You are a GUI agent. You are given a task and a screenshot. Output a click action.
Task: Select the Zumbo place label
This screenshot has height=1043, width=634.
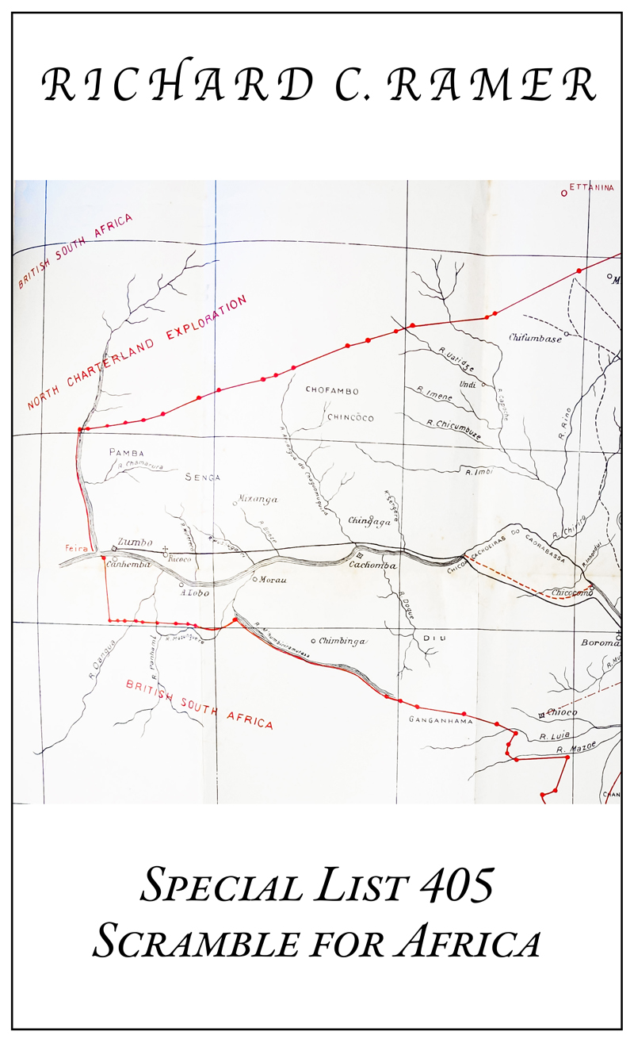135,542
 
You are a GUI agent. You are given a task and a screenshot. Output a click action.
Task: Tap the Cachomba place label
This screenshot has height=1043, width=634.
372,566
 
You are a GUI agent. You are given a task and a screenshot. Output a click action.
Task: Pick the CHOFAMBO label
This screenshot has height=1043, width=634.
332,391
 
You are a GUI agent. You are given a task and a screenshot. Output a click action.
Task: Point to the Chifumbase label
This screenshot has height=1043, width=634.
536,339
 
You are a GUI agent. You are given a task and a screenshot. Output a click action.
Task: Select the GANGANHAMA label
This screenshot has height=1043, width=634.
441,721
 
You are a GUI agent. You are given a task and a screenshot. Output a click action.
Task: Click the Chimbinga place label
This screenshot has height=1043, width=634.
342,640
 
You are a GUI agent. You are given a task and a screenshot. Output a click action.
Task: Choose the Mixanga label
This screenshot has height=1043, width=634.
258,500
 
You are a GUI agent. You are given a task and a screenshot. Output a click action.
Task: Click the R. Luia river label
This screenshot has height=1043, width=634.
554,737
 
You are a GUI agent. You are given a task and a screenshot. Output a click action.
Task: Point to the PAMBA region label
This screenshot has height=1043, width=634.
125,453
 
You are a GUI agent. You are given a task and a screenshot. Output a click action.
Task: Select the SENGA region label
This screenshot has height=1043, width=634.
203,477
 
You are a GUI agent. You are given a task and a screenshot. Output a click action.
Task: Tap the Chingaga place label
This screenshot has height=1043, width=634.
370,521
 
